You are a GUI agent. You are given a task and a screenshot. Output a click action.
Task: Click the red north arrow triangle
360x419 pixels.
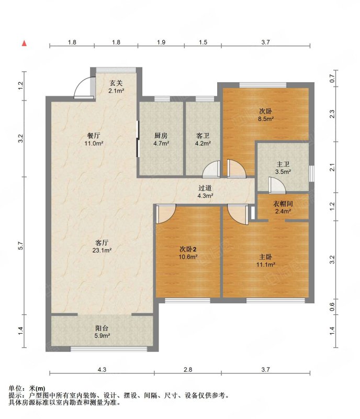24,43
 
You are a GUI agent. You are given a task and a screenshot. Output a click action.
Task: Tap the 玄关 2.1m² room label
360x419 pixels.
116,87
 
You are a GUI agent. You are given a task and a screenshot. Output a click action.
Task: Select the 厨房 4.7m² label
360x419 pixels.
161,139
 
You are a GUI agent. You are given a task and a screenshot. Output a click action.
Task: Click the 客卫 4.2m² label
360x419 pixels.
203,139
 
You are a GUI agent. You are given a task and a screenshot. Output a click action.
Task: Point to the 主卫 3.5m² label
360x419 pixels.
283,168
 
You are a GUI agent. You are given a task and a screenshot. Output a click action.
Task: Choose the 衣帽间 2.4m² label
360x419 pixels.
283,207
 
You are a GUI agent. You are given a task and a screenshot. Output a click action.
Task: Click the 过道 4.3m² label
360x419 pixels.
205,192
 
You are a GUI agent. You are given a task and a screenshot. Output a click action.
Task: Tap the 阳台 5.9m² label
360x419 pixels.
102,332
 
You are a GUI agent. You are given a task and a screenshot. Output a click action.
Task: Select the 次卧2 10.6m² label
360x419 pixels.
188,253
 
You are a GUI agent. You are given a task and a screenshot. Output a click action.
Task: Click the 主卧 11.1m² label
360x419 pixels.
266,261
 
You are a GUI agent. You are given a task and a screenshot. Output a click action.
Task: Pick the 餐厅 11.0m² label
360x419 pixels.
94,139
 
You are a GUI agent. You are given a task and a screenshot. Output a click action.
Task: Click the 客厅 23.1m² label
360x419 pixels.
102,247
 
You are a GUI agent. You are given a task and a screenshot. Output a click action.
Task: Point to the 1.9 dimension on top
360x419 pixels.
161,42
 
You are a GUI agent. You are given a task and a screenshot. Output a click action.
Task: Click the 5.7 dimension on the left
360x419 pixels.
21,246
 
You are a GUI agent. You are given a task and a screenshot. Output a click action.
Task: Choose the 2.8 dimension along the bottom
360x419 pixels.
188,370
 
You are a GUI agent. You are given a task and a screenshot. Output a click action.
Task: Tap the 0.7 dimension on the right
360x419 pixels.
332,79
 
